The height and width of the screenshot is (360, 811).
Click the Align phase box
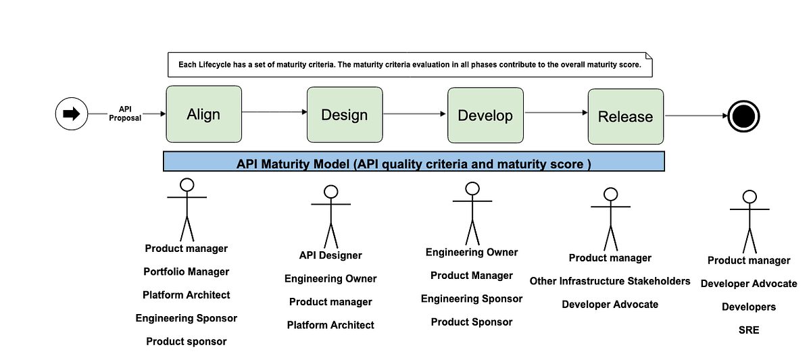click(x=203, y=114)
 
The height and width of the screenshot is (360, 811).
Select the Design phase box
click(x=344, y=115)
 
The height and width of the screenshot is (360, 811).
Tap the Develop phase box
click(x=485, y=115)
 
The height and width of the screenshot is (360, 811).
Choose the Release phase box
click(x=625, y=117)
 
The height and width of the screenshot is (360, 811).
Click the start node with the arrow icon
click(x=71, y=114)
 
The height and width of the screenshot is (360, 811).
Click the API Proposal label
click(x=125, y=113)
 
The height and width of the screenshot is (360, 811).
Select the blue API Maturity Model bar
click(x=414, y=163)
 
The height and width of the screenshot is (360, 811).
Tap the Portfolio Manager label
click(x=187, y=272)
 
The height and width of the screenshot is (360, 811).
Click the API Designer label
click(x=330, y=255)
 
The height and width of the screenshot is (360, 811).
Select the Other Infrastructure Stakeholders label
click(x=610, y=281)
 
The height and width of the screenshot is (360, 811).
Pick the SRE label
click(x=749, y=330)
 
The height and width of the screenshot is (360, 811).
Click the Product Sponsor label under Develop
click(x=472, y=322)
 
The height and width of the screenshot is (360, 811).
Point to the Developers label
click(x=749, y=307)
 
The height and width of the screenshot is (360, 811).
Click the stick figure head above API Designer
click(x=330, y=192)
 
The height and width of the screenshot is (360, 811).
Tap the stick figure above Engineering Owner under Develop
click(x=472, y=213)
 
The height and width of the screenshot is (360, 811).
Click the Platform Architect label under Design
click(x=330, y=325)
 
